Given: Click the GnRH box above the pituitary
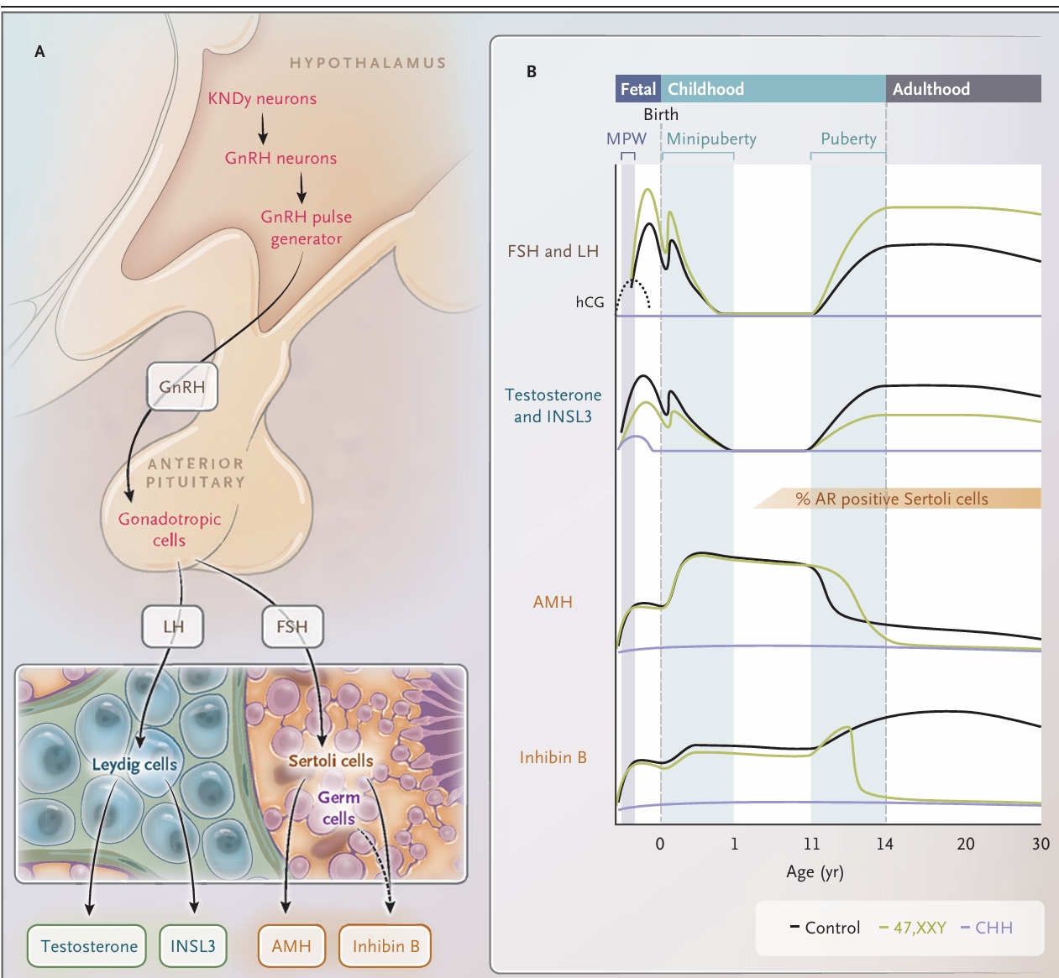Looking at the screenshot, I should (182, 387).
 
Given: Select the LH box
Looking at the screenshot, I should (173, 626).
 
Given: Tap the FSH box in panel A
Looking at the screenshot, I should (292, 626).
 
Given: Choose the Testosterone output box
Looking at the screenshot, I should (88, 946).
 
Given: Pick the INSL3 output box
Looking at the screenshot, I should (193, 946).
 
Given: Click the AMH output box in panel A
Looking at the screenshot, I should (291, 946).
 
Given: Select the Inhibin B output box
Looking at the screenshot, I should (385, 946).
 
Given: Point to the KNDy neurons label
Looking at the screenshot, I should (262, 99).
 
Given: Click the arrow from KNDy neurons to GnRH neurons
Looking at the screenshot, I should (263, 128).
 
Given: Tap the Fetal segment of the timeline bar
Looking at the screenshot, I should (638, 89).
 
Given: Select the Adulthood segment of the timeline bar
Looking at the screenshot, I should (962, 89).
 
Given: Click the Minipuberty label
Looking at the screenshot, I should (711, 139).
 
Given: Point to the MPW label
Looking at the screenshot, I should (626, 139).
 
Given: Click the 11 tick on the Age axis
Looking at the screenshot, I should (811, 844).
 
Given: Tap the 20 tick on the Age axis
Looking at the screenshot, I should (966, 844).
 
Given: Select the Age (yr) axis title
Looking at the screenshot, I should (815, 872).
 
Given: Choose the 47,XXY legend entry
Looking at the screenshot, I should (913, 928).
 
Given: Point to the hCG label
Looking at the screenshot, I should (590, 302).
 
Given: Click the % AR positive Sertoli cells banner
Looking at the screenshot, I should (892, 499).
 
